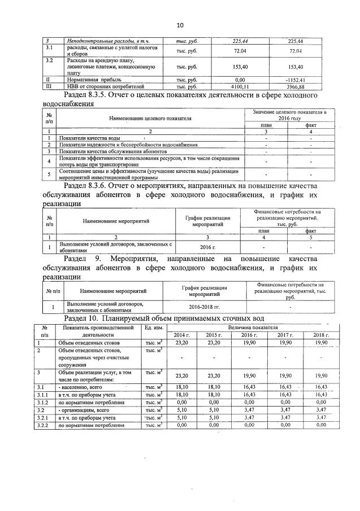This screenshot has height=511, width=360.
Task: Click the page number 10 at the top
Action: click(x=180, y=25)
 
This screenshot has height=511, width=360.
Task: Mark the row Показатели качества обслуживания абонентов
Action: click(x=112, y=151)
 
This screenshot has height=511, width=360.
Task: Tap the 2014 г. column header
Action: click(x=183, y=334)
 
